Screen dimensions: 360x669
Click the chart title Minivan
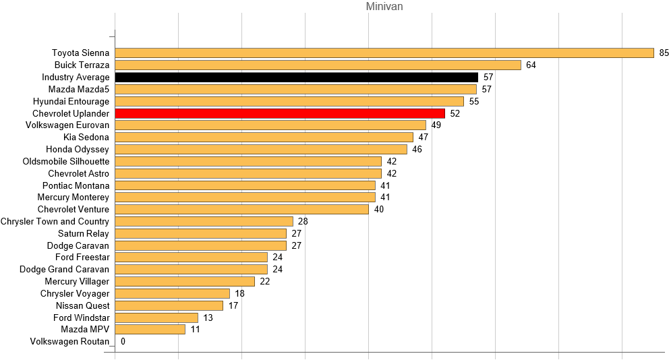click(x=384, y=7)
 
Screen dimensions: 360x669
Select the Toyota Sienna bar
click(x=384, y=53)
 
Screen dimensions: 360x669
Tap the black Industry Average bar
click(x=297, y=78)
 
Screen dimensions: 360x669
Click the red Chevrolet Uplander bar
click(x=280, y=113)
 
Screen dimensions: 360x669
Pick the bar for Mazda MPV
click(x=150, y=330)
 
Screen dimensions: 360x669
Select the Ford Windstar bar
click(x=156, y=318)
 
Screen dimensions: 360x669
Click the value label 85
click(x=664, y=53)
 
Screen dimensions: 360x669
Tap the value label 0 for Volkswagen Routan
click(x=123, y=342)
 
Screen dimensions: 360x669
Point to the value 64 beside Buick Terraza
click(x=531, y=65)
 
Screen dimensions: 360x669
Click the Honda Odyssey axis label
click(x=78, y=149)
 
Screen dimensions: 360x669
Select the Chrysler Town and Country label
click(x=55, y=222)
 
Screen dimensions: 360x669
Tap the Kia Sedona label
click(x=86, y=138)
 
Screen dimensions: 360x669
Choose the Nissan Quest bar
click(x=169, y=305)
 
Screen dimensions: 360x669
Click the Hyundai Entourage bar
click(x=289, y=101)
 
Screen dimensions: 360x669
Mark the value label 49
click(x=436, y=125)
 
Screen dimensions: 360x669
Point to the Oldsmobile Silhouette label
click(x=66, y=162)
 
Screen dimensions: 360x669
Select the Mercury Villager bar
click(x=185, y=282)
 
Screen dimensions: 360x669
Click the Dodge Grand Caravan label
click(x=64, y=270)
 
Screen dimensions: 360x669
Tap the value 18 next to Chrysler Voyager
click(x=239, y=294)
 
